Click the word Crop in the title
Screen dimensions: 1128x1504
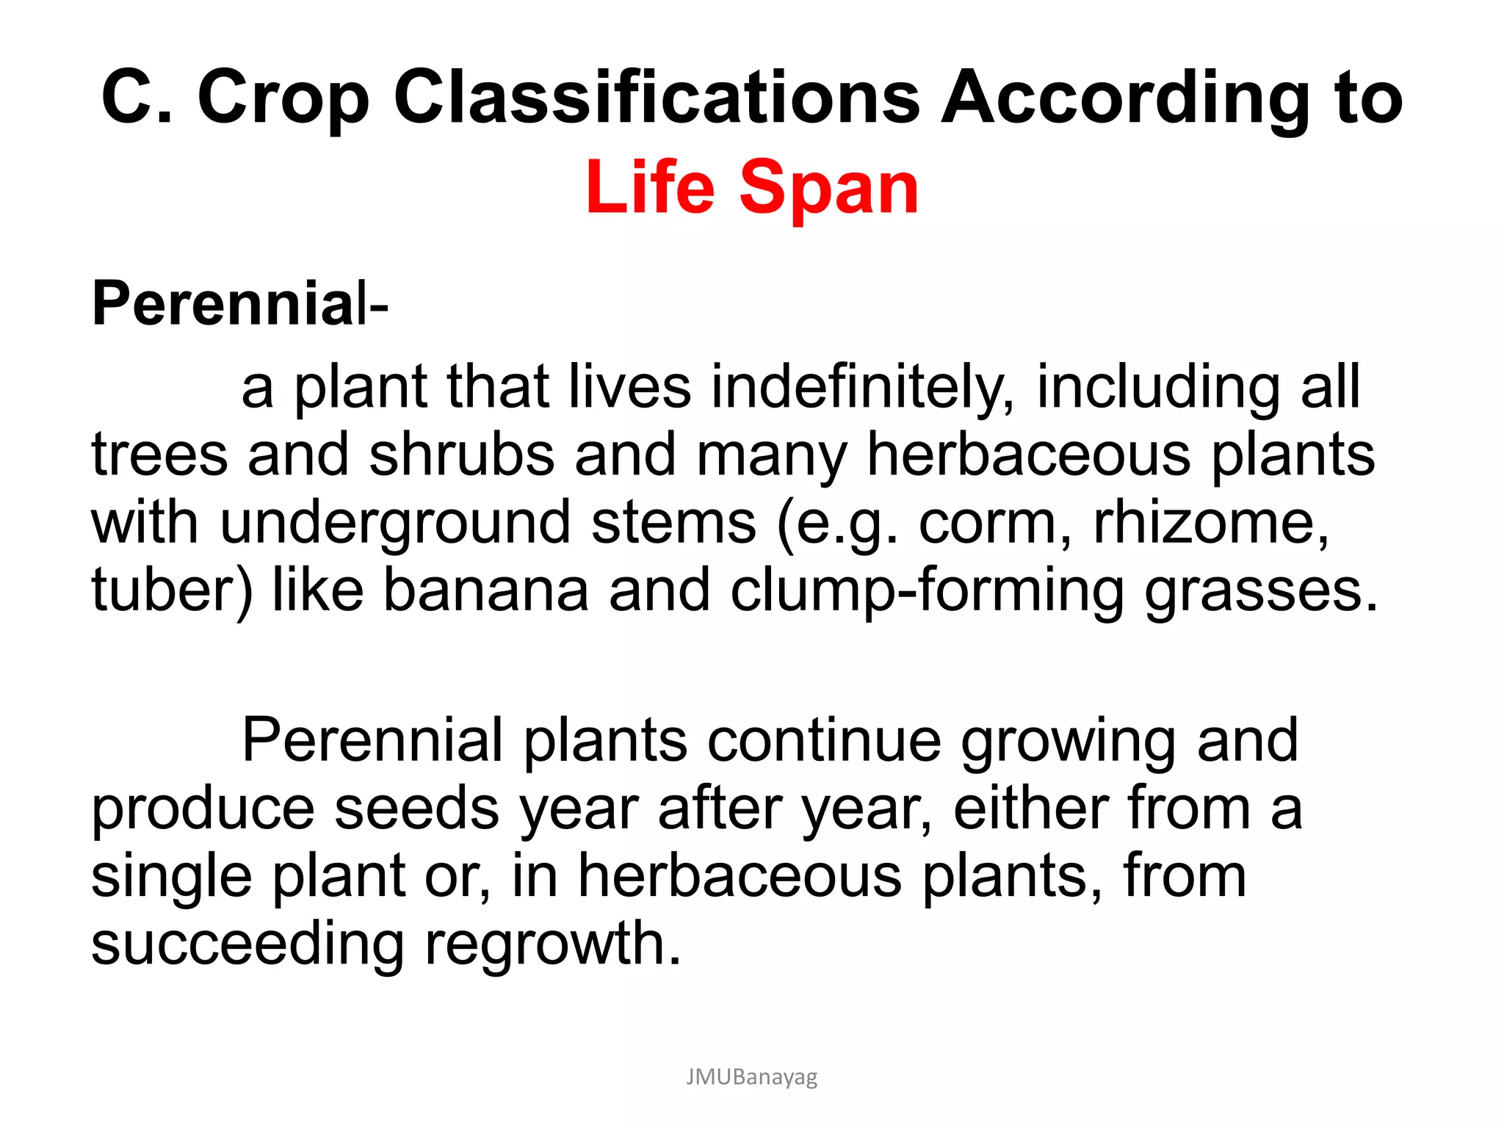(x=283, y=98)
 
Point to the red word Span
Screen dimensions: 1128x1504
(x=828, y=189)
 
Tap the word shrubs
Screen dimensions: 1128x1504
(x=461, y=455)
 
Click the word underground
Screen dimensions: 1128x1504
(x=395, y=524)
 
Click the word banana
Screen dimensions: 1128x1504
(x=486, y=590)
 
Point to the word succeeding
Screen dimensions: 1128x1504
(x=247, y=944)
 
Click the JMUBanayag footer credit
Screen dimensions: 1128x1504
(x=751, y=1077)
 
